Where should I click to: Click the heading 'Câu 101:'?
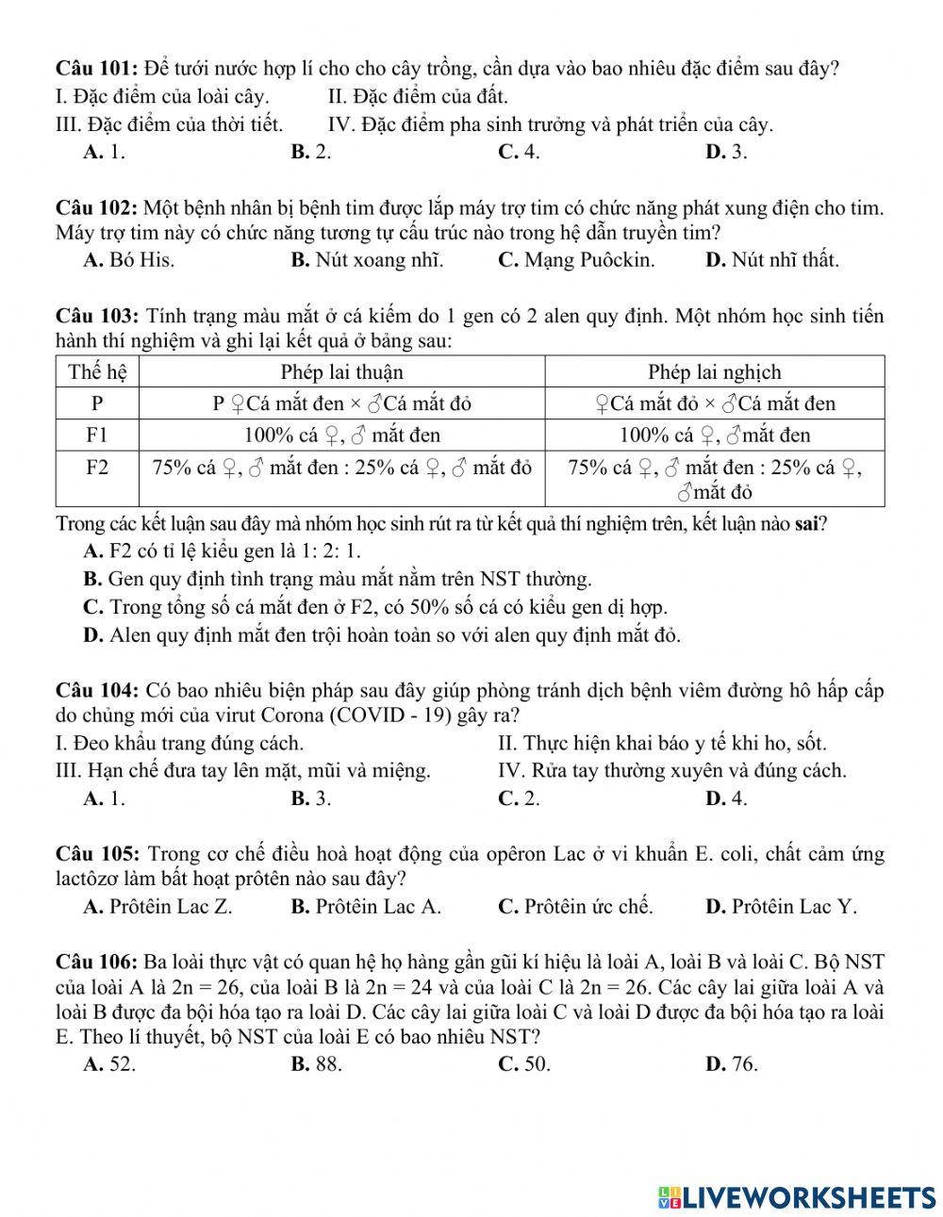point(98,69)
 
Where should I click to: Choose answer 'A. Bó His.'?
point(129,260)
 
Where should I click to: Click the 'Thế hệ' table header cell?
point(97,372)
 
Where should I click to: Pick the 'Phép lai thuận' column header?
point(341,372)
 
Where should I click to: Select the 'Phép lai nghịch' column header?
point(714,372)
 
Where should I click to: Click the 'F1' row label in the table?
point(97,435)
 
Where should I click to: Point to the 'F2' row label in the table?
point(97,468)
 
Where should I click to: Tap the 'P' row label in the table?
point(97,403)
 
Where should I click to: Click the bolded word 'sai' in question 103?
point(806,524)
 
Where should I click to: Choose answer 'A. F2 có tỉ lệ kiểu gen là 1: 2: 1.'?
point(222,551)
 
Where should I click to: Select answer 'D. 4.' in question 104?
point(726,798)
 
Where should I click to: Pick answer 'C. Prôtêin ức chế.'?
point(575,907)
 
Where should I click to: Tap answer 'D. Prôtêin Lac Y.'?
point(781,907)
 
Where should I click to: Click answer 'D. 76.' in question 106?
point(731,1064)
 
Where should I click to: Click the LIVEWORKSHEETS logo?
point(797,1196)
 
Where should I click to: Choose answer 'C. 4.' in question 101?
point(519,152)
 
